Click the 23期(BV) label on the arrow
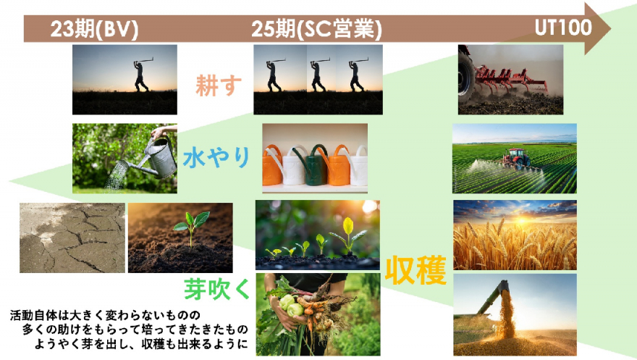pyautogui.click(x=94, y=29)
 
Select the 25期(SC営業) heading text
pyautogui.click(x=316, y=29)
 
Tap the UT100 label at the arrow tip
pyautogui.click(x=563, y=28)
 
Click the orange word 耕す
pyautogui.click(x=219, y=85)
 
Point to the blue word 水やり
pyautogui.click(x=216, y=157)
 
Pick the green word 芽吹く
pyautogui.click(x=217, y=289)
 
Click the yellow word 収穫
pyautogui.click(x=415, y=270)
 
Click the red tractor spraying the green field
pyautogui.click(x=516, y=158)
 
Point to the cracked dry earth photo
pyautogui.click(x=72, y=238)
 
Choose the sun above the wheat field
pyautogui.click(x=522, y=219)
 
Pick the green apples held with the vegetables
pyautogui.click(x=291, y=306)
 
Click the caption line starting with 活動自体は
pyautogui.click(x=105, y=315)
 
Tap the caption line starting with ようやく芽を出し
pyautogui.click(x=141, y=344)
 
